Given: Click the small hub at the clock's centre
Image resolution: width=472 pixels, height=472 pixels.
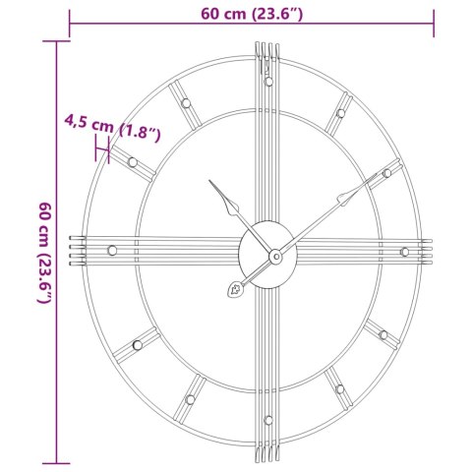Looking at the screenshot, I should click(x=275, y=256).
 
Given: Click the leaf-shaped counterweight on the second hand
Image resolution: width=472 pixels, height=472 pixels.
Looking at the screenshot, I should click(x=236, y=289).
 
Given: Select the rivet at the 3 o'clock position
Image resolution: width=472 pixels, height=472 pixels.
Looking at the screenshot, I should click(x=404, y=253).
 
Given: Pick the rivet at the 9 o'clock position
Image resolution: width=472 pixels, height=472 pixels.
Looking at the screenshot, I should click(x=111, y=249).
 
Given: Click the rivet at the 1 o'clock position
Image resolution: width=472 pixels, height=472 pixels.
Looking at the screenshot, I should click(x=340, y=114).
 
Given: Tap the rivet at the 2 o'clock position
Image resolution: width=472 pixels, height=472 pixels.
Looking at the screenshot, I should click(x=385, y=173).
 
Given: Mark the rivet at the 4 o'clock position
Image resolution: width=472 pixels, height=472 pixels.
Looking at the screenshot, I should click(x=383, y=334).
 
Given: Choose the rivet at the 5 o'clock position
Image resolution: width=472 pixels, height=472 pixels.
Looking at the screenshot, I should click(x=339, y=390).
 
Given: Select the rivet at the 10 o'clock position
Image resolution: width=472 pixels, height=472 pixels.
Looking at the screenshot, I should click(x=132, y=161).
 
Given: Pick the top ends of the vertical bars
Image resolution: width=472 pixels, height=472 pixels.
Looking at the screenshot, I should click(x=266, y=49).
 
